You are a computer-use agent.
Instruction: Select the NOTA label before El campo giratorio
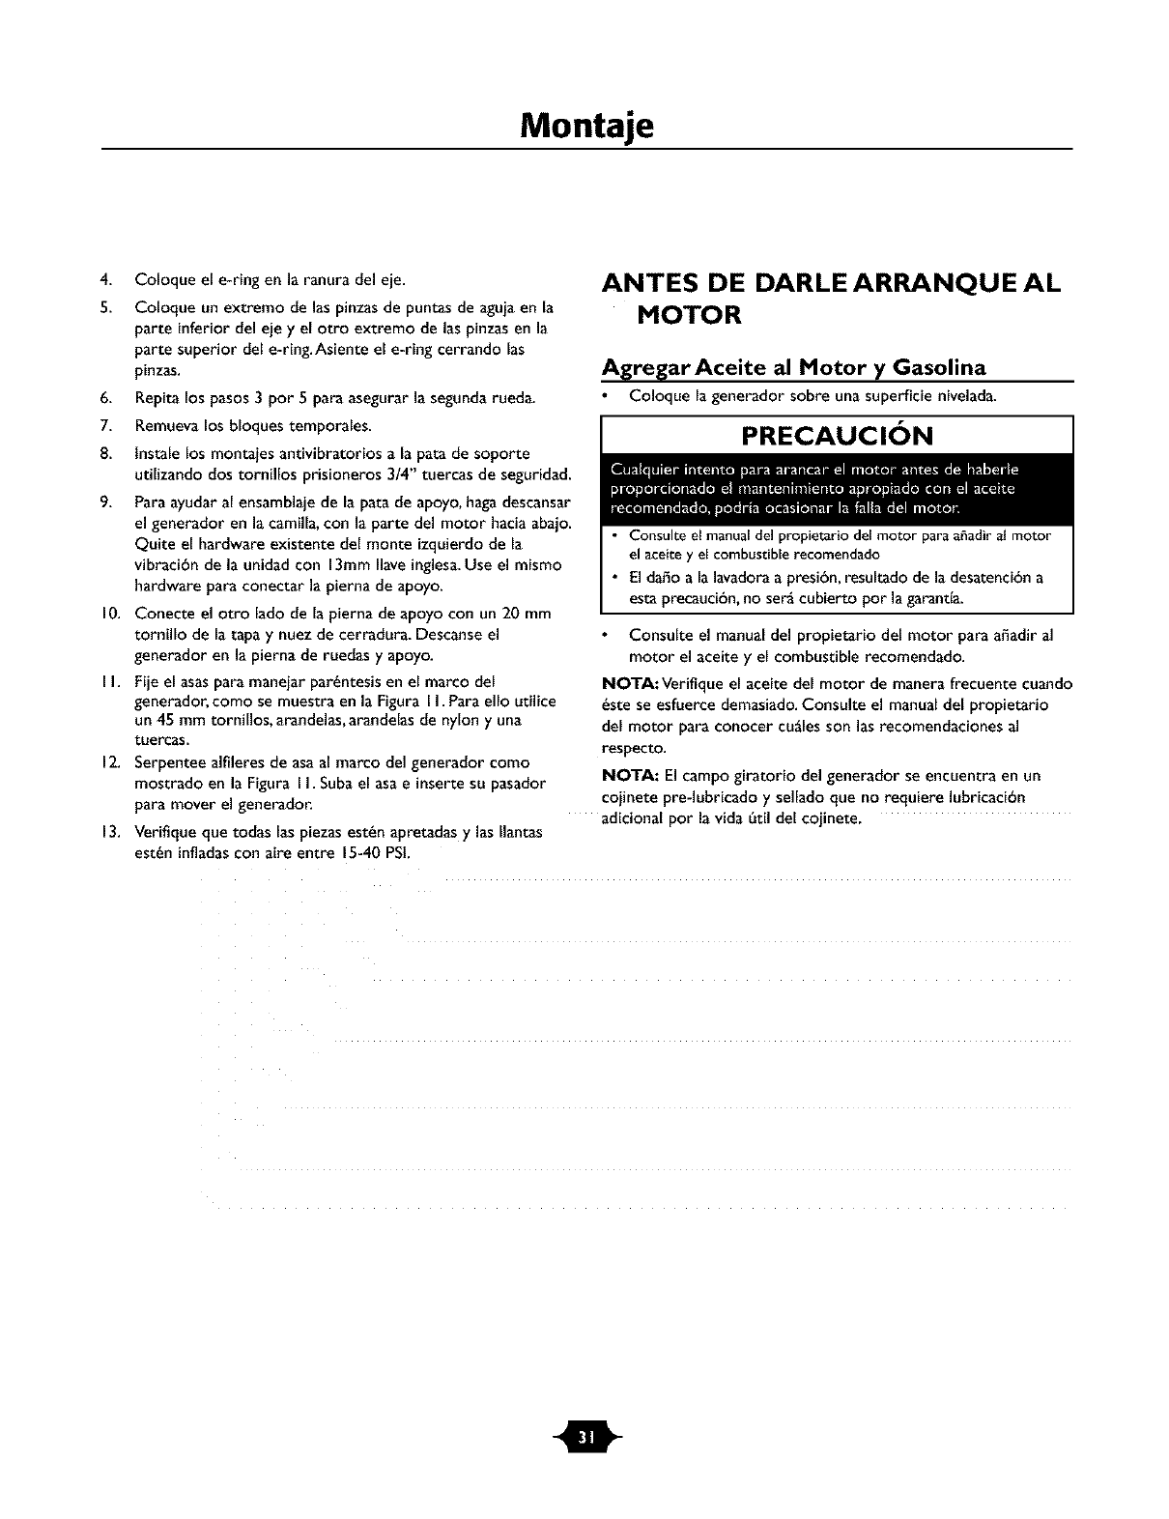pos(631,776)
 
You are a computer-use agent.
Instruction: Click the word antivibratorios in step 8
pos(322,453)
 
